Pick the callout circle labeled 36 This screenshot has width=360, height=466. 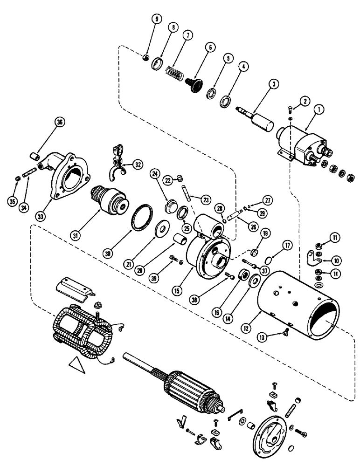(x=59, y=122)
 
